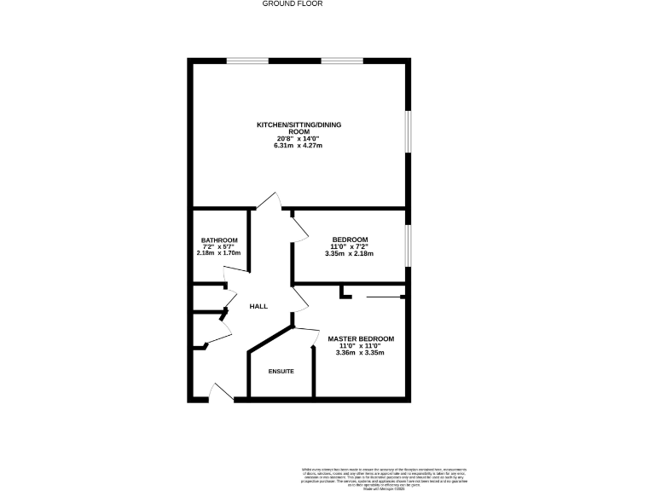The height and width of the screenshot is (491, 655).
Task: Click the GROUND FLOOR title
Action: [284, 4]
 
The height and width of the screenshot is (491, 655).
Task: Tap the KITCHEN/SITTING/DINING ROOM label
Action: [299, 129]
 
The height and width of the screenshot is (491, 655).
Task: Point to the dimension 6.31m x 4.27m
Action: [299, 146]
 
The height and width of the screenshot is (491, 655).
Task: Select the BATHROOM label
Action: [219, 240]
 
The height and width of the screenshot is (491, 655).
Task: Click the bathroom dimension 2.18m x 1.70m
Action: [219, 253]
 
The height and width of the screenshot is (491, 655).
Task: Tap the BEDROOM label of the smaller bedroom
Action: [350, 240]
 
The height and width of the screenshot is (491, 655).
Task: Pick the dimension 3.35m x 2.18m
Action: [350, 253]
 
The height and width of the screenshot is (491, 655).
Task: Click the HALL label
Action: [258, 306]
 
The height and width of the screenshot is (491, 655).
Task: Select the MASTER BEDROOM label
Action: [362, 339]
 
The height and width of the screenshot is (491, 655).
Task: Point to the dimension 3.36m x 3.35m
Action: [362, 353]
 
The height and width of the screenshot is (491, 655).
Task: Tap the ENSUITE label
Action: [281, 372]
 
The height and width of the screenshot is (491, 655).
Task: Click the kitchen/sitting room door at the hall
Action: [270, 201]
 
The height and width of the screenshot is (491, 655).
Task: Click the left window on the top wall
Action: [248, 61]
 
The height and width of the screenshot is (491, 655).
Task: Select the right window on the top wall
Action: [342, 61]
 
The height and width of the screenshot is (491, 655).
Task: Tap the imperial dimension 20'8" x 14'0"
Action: [299, 139]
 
